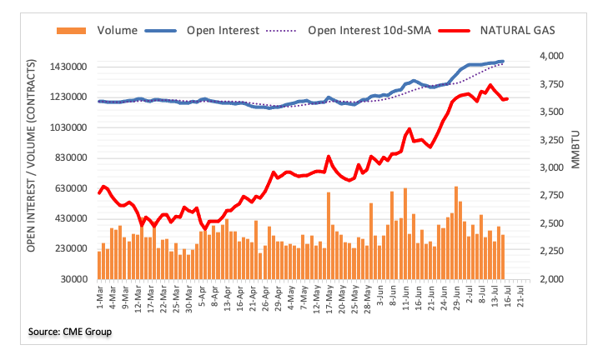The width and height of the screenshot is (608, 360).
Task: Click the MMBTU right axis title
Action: (575, 150)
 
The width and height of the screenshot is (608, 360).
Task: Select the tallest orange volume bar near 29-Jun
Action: (456, 232)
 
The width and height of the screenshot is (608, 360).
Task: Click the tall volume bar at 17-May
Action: (329, 236)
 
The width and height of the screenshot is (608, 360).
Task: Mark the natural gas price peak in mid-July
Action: (490, 85)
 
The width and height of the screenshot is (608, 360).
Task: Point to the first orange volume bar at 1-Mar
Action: (99, 265)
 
